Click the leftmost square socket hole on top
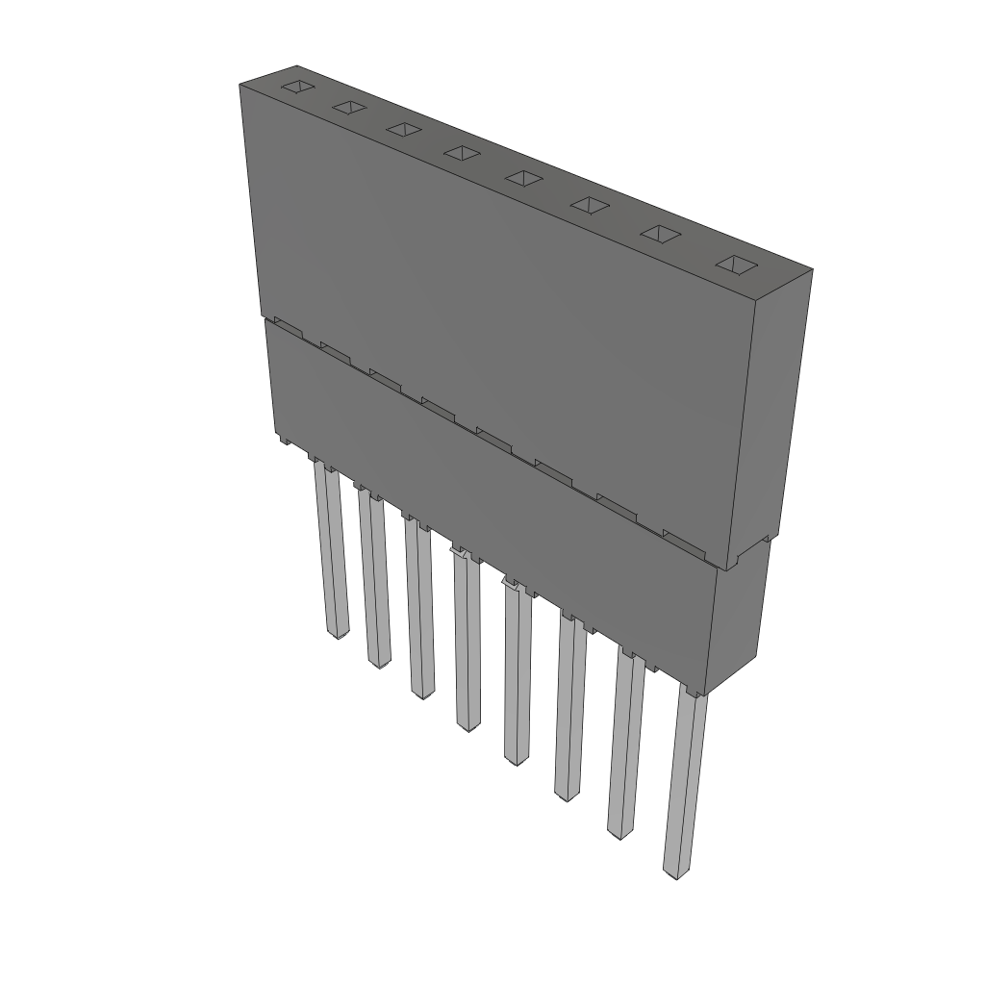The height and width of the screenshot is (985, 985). (298, 88)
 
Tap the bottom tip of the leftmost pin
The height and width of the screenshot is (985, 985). (338, 635)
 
